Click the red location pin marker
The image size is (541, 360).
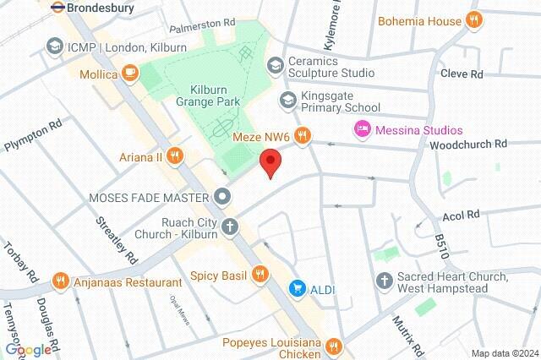pyautogui.click(x=270, y=161)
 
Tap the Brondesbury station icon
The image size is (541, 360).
pyautogui.click(x=58, y=6)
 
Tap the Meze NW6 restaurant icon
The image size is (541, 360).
pyautogui.click(x=302, y=134)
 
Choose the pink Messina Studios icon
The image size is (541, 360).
pyautogui.click(x=360, y=129)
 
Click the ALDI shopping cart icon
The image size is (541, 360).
pyautogui.click(x=298, y=289)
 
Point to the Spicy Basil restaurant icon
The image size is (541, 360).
pyautogui.click(x=260, y=274)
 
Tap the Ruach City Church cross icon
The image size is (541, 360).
pyautogui.click(x=229, y=226)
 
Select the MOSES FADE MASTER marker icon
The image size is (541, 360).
pyautogui.click(x=222, y=197)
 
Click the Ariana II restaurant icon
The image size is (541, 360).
pyautogui.click(x=175, y=154)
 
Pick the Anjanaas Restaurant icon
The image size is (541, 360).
pyautogui.click(x=60, y=281)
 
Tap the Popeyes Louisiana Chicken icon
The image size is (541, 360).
pyautogui.click(x=334, y=345)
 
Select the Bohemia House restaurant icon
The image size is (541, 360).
pyautogui.click(x=475, y=20)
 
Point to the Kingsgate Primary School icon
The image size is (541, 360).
pyautogui.click(x=288, y=101)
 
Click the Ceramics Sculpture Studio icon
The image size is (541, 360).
pyautogui.click(x=275, y=66)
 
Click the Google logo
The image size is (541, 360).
pyautogui.click(x=27, y=350)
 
